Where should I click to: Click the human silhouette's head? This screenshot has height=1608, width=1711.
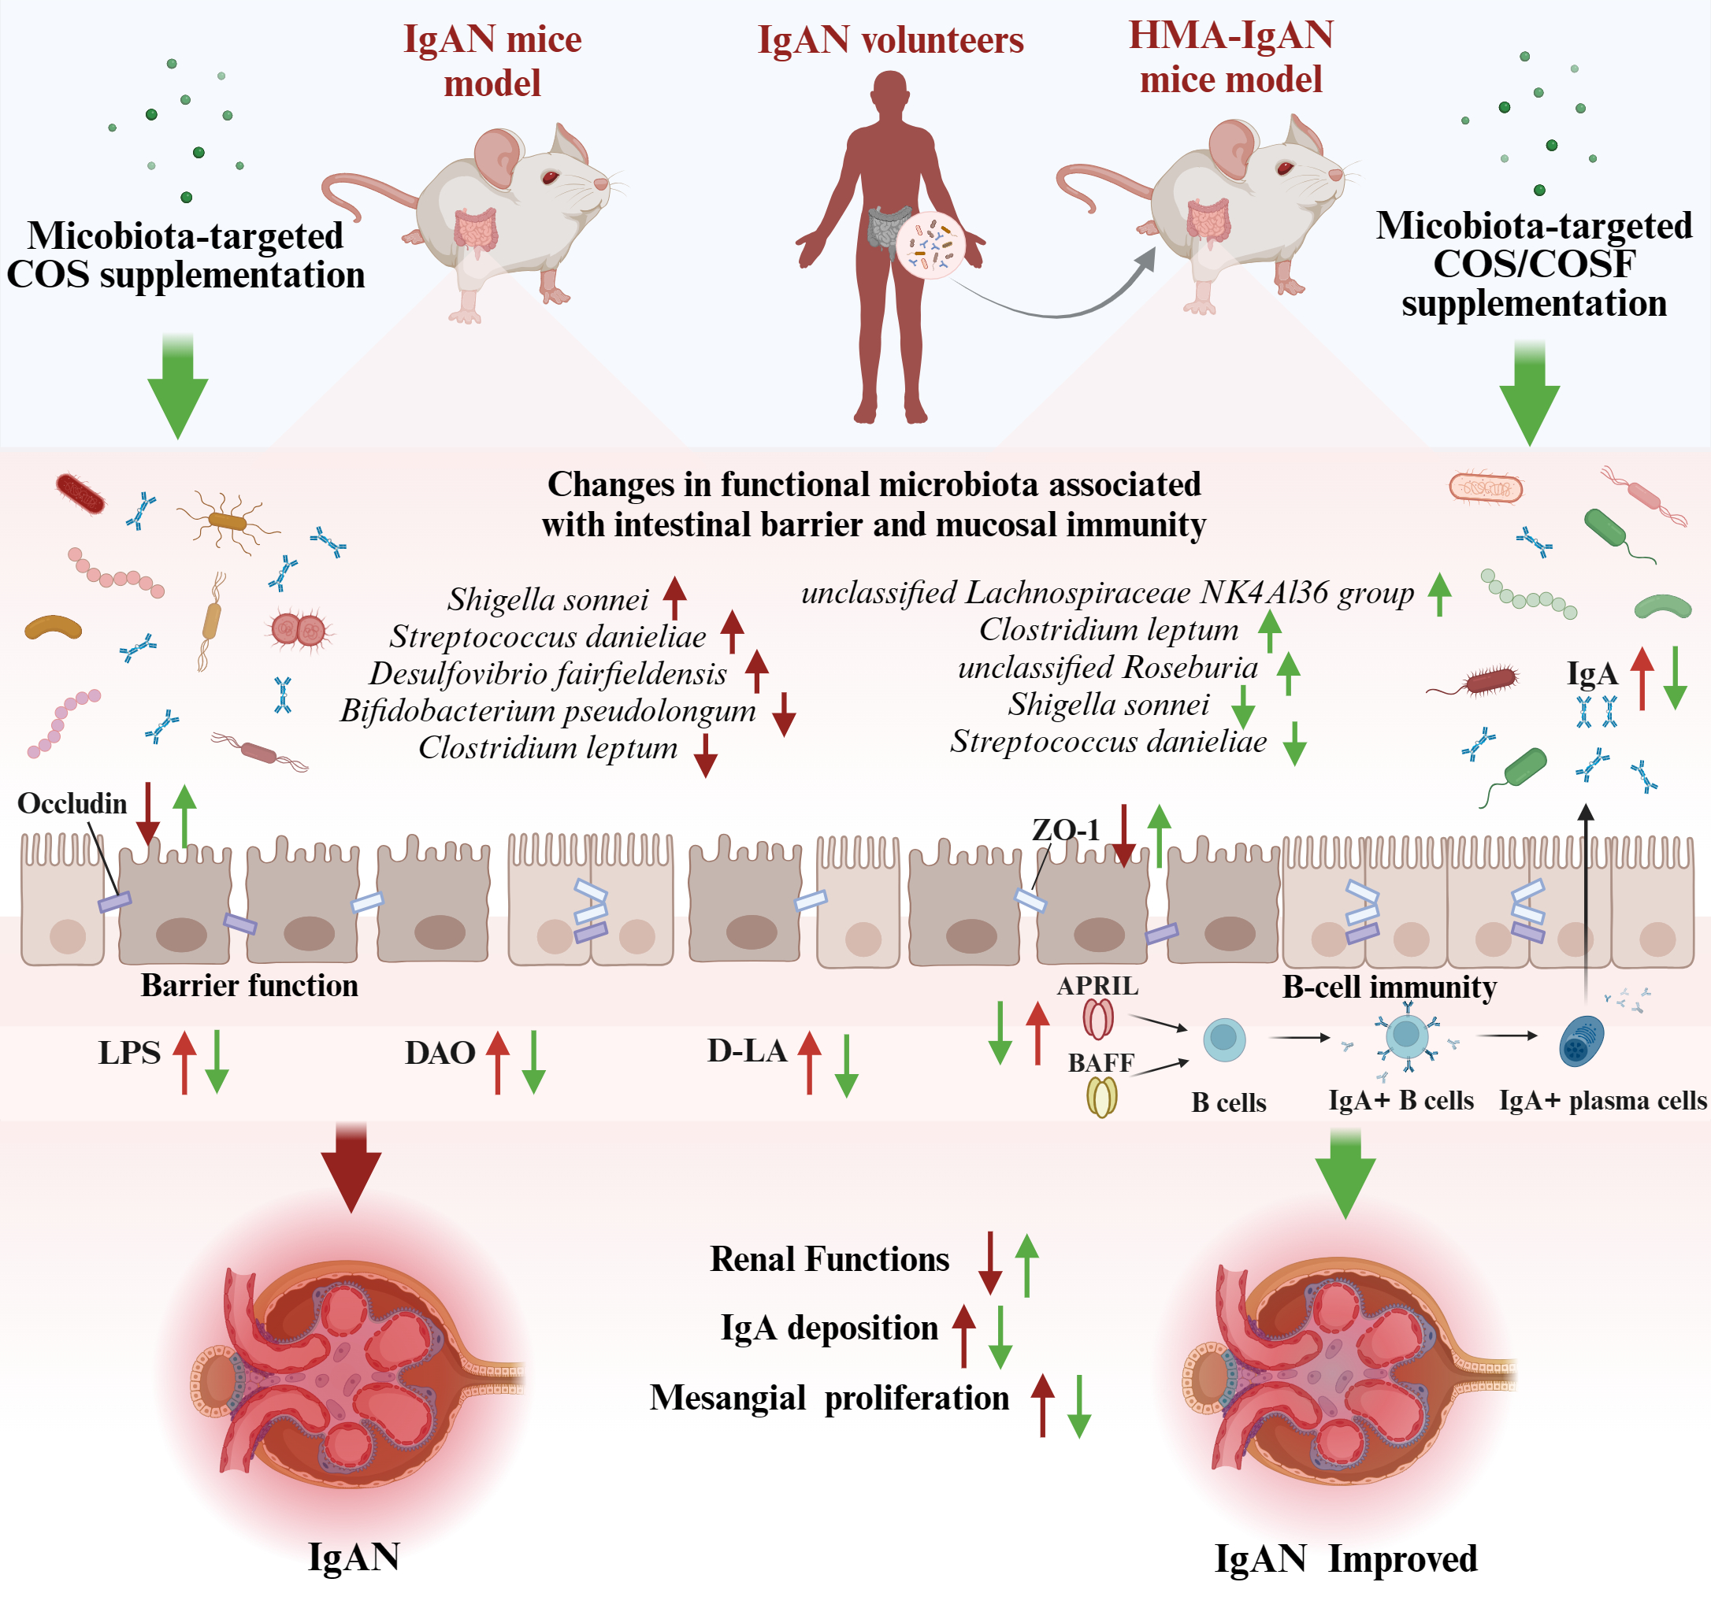(x=890, y=93)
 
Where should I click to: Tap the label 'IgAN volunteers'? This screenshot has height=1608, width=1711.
(x=890, y=40)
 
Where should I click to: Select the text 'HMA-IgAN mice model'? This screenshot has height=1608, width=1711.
(x=1230, y=57)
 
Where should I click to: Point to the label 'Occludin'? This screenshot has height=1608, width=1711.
(x=72, y=803)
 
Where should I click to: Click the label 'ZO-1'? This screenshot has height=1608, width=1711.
(x=1066, y=829)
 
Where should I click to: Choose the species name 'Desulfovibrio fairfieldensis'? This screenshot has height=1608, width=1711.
(x=547, y=673)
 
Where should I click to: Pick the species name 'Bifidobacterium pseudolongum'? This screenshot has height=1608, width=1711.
(x=547, y=710)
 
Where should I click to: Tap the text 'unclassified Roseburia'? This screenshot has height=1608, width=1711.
(x=1108, y=668)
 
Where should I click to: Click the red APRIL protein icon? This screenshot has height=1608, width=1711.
(x=1098, y=1019)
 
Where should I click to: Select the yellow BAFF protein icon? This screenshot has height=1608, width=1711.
(x=1101, y=1097)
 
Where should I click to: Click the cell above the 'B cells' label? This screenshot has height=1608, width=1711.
(x=1223, y=1039)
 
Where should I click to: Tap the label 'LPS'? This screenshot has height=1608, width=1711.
(x=129, y=1053)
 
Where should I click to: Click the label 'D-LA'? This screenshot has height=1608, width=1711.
(x=746, y=1051)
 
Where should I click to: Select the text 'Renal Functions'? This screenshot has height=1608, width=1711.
(x=829, y=1260)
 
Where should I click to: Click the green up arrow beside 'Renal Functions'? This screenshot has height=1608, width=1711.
(x=1026, y=1265)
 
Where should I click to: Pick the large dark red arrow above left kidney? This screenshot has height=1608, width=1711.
(x=351, y=1168)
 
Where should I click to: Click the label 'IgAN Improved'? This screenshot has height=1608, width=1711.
(x=1345, y=1559)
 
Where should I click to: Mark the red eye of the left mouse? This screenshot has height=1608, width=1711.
(x=549, y=177)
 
